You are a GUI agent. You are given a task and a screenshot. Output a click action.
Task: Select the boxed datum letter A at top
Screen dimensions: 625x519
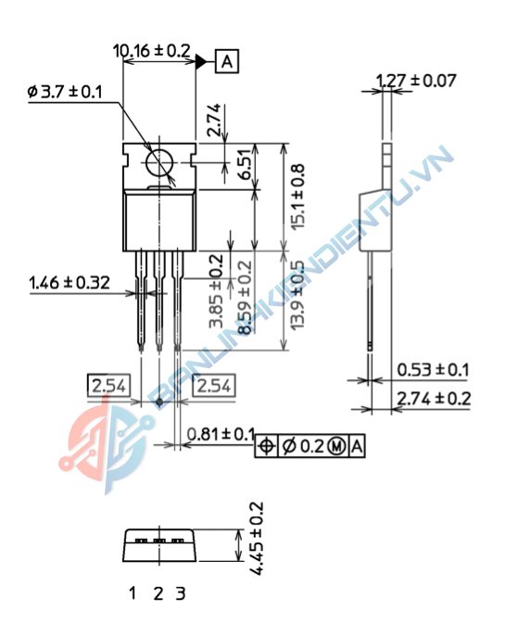click(x=228, y=62)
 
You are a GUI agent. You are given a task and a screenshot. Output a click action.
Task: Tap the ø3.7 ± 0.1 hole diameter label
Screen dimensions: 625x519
click(x=66, y=92)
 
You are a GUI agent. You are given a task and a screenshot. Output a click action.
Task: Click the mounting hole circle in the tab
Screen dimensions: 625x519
click(x=160, y=164)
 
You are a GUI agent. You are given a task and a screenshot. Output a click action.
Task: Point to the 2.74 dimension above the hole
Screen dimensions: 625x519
click(x=214, y=121)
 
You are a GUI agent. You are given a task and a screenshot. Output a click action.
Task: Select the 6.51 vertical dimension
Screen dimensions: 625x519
click(x=245, y=167)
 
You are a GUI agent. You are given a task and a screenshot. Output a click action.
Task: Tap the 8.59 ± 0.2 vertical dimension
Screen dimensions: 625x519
click(x=245, y=298)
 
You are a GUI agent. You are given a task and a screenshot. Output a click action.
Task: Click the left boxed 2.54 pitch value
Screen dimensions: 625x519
click(x=108, y=384)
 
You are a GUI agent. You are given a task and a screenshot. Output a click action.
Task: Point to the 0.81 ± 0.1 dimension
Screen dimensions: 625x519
click(x=221, y=434)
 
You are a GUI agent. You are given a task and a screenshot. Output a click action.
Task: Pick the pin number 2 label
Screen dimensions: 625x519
click(x=158, y=593)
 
